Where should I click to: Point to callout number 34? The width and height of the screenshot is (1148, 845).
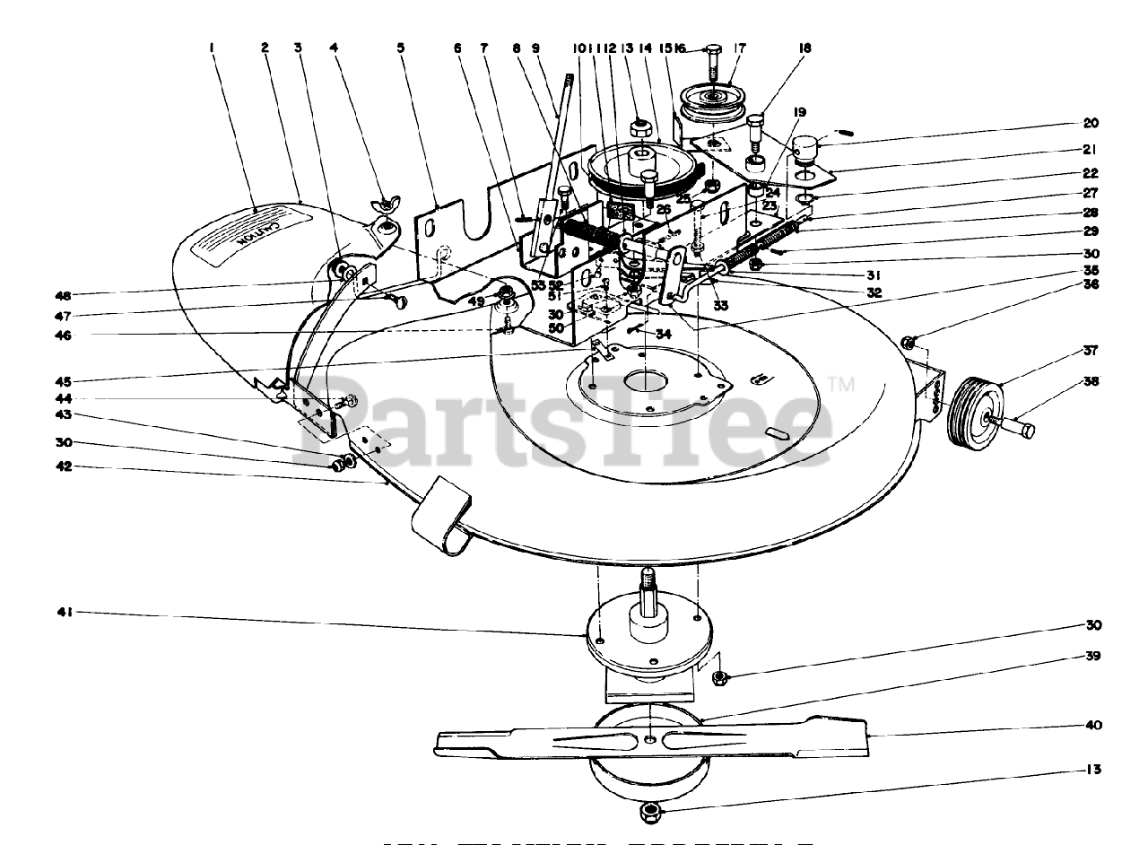point(663,334)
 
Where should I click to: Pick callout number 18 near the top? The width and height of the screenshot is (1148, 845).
point(804,49)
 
